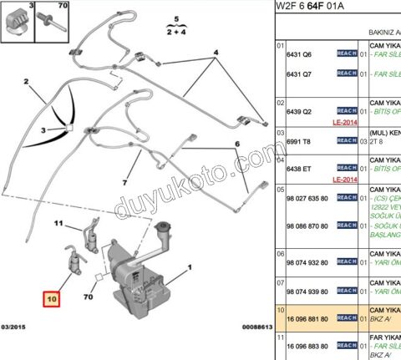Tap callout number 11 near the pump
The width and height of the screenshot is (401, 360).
pos(58,224)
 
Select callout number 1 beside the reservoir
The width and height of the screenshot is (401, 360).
pos(190,267)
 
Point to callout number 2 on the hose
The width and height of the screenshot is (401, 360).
pos(27,82)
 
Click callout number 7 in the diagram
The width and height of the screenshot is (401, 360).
pos(126,182)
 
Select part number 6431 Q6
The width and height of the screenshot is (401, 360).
pos(299,53)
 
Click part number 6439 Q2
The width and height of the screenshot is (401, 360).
pos(299,110)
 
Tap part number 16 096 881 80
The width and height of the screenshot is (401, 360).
pos(307,318)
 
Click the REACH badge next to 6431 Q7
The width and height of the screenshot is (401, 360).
pos(346,74)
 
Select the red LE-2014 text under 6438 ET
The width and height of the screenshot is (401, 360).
pos(346,179)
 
